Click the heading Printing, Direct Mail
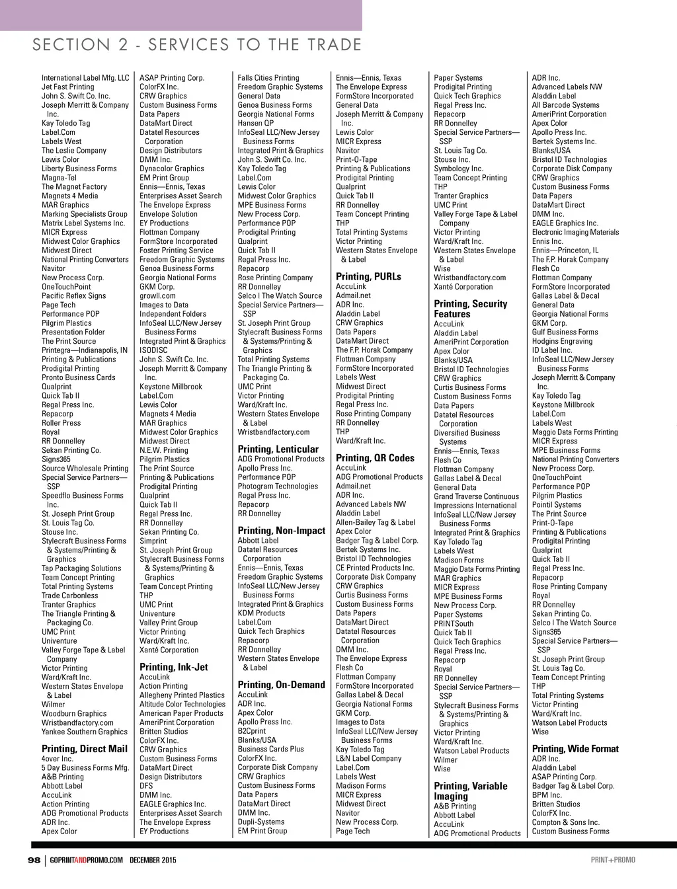[x=85, y=749]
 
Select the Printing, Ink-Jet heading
[x=174, y=667]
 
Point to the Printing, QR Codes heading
[x=375, y=457]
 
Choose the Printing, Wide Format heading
[x=575, y=749]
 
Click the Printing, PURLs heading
[x=368, y=276]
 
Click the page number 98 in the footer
[x=34, y=860]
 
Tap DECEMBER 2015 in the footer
[x=153, y=860]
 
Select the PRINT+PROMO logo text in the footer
[x=613, y=860]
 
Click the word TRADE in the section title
[x=334, y=45]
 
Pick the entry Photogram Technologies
[x=278, y=486]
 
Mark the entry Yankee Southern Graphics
[x=85, y=732]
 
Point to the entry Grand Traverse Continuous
[x=476, y=496]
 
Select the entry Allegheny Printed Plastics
[x=182, y=695]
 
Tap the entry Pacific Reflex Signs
[x=74, y=296]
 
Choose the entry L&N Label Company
[x=368, y=759]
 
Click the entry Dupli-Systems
[x=261, y=822]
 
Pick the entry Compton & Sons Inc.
[x=565, y=822]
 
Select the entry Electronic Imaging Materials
[x=575, y=232]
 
